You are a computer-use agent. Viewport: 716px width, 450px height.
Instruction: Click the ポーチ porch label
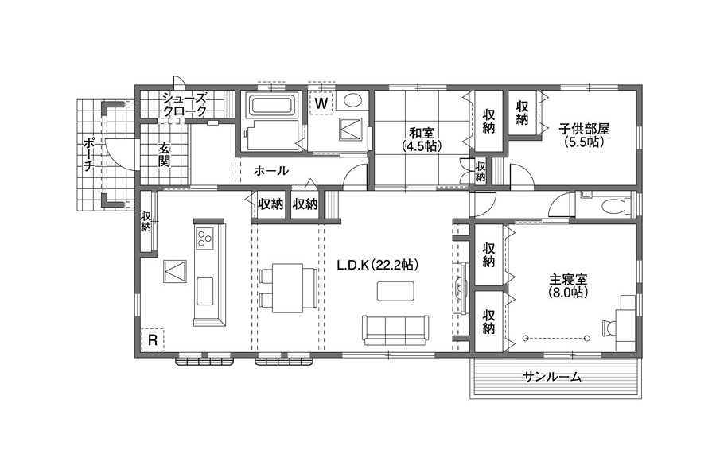pyautogui.click(x=88, y=154)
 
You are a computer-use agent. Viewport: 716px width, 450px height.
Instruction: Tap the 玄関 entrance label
pyautogui.click(x=164, y=155)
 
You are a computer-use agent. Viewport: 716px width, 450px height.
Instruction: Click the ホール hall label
pyautogui.click(x=270, y=171)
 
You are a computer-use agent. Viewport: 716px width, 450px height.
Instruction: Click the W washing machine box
pyautogui.click(x=321, y=103)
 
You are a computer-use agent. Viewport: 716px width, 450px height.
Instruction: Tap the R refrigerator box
pyautogui.click(x=153, y=339)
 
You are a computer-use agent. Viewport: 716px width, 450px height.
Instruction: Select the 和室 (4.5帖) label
pyautogui.click(x=422, y=139)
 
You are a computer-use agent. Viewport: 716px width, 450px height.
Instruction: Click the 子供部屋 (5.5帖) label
pyautogui.click(x=585, y=135)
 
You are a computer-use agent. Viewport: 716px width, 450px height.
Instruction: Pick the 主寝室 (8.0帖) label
pyautogui.click(x=568, y=285)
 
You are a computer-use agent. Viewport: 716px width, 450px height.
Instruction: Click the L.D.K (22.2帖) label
pyautogui.click(x=378, y=265)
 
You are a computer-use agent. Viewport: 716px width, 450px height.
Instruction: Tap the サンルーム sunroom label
pyautogui.click(x=553, y=377)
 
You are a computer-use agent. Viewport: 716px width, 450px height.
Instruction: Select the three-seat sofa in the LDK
pyautogui.click(x=396, y=330)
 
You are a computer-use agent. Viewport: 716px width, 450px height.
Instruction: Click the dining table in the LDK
pyautogui.click(x=288, y=288)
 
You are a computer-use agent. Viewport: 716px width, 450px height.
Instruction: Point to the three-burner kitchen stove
pyautogui.click(x=204, y=239)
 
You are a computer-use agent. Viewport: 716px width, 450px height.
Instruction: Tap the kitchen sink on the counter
pyautogui.click(x=204, y=292)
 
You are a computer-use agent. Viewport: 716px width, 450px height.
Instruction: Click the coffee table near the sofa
pyautogui.click(x=396, y=291)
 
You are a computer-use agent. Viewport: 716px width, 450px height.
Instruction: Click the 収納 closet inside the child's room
pyautogui.click(x=523, y=112)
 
